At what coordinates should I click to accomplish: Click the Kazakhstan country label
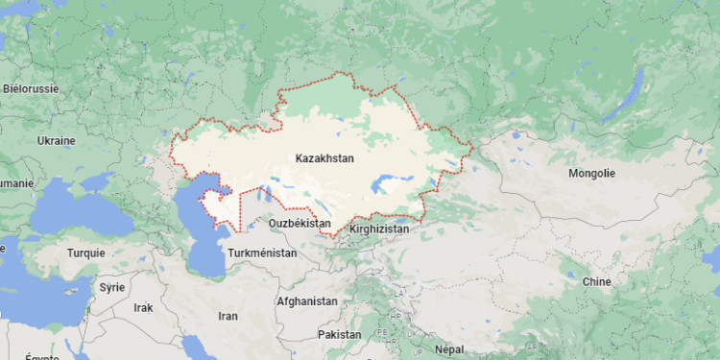click(324, 157)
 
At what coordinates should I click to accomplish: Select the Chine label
click(596, 281)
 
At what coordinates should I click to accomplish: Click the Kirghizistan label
click(380, 229)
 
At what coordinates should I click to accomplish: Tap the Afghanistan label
click(306, 300)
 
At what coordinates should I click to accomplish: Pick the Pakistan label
click(340, 334)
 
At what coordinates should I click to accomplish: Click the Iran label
click(228, 315)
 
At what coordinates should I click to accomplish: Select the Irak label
click(143, 307)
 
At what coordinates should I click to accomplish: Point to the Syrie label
click(112, 287)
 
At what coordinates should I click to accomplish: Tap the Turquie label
click(85, 253)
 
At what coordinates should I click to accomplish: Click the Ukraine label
click(56, 140)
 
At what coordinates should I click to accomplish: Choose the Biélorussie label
click(31, 87)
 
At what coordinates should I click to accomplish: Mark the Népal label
click(448, 348)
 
